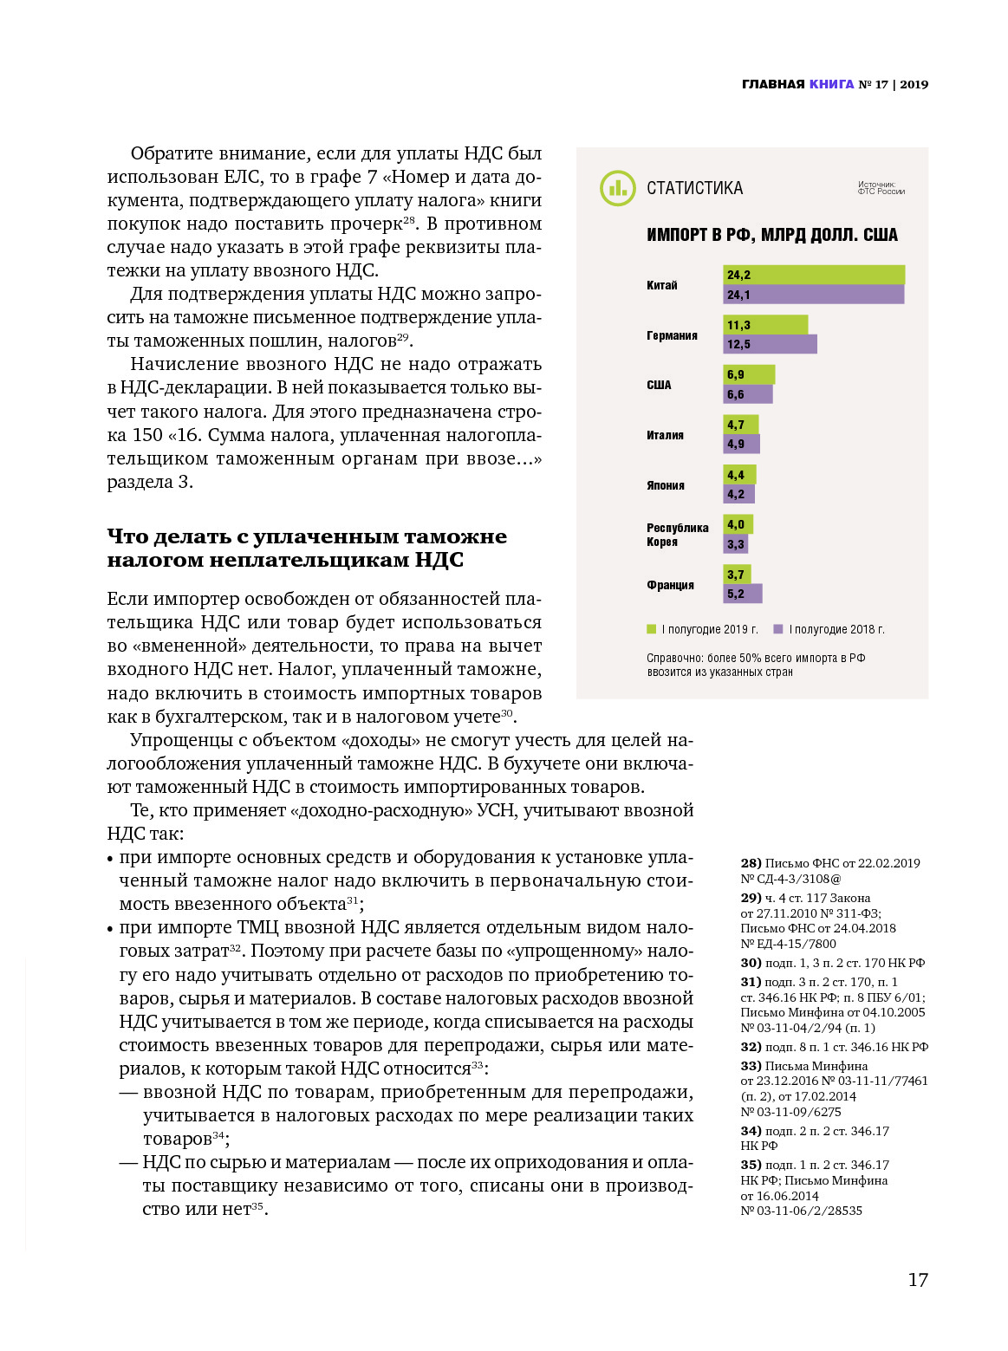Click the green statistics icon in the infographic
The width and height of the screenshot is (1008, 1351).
pyautogui.click(x=617, y=188)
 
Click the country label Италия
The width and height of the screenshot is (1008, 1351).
pyautogui.click(x=665, y=435)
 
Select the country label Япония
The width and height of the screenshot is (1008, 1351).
pyautogui.click(x=665, y=485)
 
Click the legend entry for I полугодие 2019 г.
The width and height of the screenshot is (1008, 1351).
pyautogui.click(x=703, y=629)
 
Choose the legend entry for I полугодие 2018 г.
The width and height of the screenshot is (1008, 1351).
pyautogui.click(x=829, y=629)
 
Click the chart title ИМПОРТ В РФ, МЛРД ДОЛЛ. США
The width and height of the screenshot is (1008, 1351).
pyautogui.click(x=771, y=235)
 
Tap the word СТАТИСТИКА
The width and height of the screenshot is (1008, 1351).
pyautogui.click(x=694, y=188)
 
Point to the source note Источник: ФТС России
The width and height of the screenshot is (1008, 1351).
pyautogui.click(x=881, y=188)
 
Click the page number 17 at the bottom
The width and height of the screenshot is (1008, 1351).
pyautogui.click(x=917, y=1280)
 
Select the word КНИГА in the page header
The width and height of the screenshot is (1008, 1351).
pyautogui.click(x=831, y=84)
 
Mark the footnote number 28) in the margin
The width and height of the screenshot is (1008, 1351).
pyautogui.click(x=751, y=863)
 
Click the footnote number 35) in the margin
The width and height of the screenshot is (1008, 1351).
pyautogui.click(x=751, y=1165)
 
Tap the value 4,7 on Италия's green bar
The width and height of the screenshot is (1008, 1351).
pyautogui.click(x=736, y=425)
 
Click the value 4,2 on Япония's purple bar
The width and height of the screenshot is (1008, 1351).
pyautogui.click(x=736, y=495)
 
